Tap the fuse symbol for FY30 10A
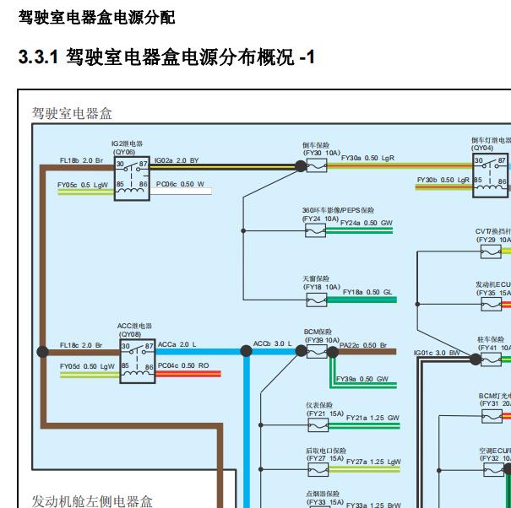pyautogui.click(x=316, y=166)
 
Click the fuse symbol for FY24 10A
pyautogui.click(x=316, y=230)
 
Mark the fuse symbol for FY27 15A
pyautogui.click(x=316, y=469)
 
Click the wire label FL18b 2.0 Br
pyautogui.click(x=81, y=159)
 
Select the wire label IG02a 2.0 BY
pyautogui.click(x=177, y=159)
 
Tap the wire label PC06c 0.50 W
pyautogui.click(x=181, y=184)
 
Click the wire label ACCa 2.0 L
pyautogui.click(x=177, y=344)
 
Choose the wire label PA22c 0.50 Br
pyautogui.click(x=363, y=344)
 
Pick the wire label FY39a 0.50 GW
pyautogui.click(x=362, y=379)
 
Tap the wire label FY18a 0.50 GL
pyautogui.click(x=368, y=291)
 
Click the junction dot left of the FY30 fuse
pyautogui.click(x=300, y=166)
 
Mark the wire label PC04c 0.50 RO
pyautogui.click(x=183, y=366)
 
